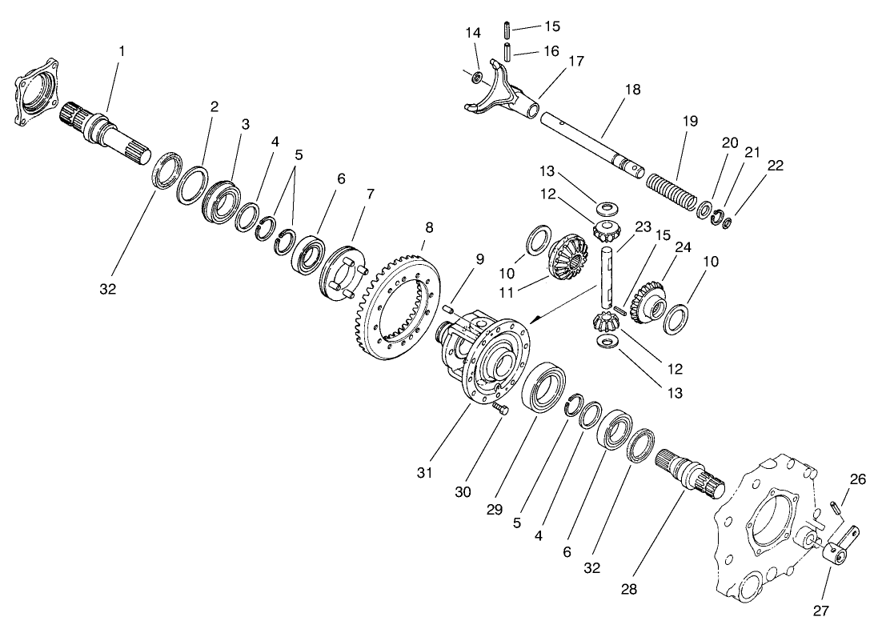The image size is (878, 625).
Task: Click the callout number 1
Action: pyautogui.click(x=122, y=51)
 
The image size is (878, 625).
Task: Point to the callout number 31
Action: pyautogui.click(x=424, y=473)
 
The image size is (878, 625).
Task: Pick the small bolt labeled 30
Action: pyautogui.click(x=501, y=409)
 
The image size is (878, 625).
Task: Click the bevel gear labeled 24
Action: pyautogui.click(x=646, y=301)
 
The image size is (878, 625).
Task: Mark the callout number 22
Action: pyautogui.click(x=775, y=166)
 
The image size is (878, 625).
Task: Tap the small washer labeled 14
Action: pyautogui.click(x=476, y=78)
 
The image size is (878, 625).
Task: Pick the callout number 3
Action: pyautogui.click(x=246, y=125)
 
